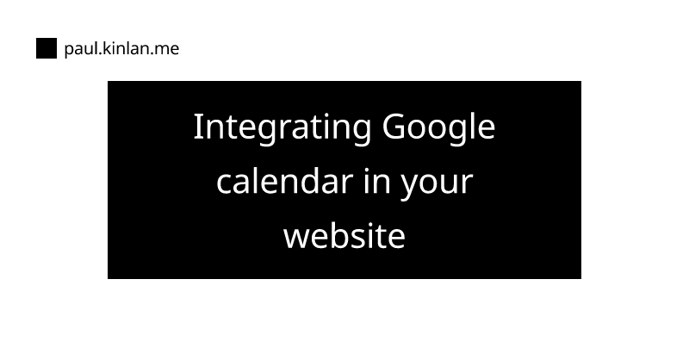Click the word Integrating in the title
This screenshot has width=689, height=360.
tap(282, 128)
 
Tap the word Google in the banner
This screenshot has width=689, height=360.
tap(438, 128)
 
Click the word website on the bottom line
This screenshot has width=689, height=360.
tap(344, 236)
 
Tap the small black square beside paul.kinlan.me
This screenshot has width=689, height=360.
tap(47, 48)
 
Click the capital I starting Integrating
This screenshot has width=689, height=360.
tap(198, 127)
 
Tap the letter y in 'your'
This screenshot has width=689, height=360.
tap(410, 186)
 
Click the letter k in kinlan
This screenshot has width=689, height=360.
tap(107, 48)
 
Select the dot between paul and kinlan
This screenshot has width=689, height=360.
tap(100, 53)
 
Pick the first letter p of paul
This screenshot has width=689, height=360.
tap(69, 51)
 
